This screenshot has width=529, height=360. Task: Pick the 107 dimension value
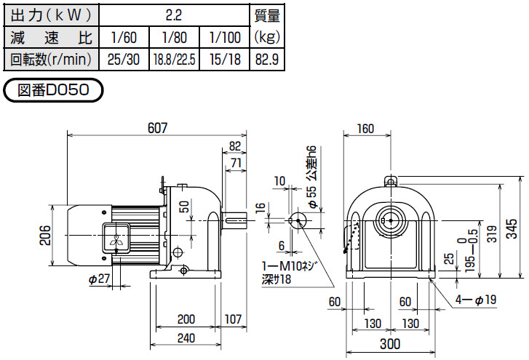(233, 319)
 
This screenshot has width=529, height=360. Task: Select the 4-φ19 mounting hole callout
(472, 298)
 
